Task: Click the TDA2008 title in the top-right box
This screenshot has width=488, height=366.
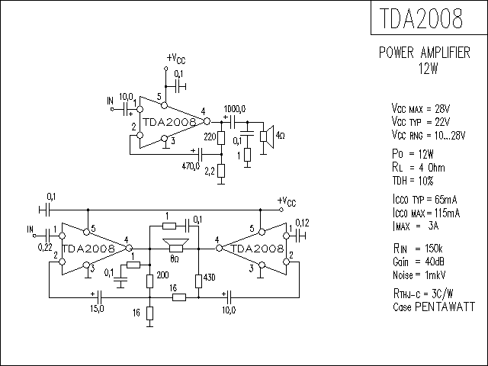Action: click(x=422, y=18)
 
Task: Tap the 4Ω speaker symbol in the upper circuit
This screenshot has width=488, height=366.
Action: click(x=267, y=136)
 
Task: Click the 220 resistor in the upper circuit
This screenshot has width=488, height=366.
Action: click(x=221, y=138)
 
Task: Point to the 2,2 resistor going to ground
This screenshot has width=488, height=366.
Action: click(x=221, y=171)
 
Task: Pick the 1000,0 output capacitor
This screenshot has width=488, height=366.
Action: click(x=232, y=122)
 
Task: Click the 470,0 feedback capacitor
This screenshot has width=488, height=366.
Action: click(x=200, y=154)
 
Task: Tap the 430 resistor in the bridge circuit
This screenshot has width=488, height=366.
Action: click(x=198, y=281)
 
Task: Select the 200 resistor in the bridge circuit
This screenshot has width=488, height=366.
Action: click(x=149, y=281)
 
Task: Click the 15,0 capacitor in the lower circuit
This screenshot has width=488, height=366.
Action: click(x=100, y=298)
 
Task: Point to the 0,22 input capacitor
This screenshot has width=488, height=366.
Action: click(x=48, y=236)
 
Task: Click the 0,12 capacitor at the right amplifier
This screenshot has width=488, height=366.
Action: click(x=300, y=236)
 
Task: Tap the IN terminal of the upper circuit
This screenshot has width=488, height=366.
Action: click(x=112, y=109)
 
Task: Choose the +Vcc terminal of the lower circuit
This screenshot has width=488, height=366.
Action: click(x=281, y=210)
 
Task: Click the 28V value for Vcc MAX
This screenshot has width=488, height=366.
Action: click(x=442, y=108)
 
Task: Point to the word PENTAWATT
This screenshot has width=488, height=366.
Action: click(x=445, y=307)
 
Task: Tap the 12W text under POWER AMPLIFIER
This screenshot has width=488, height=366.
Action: click(x=429, y=69)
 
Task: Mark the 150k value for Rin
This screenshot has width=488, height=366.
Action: click(x=434, y=249)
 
